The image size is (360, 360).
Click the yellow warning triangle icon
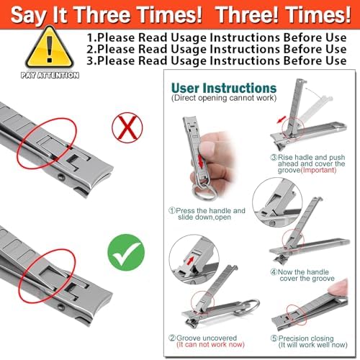click(50, 48)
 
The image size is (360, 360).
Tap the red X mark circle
click(127, 127)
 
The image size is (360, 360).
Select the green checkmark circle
click(126, 253)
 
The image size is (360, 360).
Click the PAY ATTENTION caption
click(50, 75)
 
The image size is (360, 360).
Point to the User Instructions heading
click(224, 88)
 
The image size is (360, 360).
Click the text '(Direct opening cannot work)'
click(224, 98)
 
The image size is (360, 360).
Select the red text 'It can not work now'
click(210, 345)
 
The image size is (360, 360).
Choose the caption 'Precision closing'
click(306, 338)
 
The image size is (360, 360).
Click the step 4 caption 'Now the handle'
click(303, 272)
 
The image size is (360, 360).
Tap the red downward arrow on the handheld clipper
click(201, 161)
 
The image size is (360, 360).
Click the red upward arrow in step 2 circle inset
click(191, 260)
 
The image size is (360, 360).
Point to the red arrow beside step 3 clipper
click(281, 120)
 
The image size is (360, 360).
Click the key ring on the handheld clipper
click(204, 192)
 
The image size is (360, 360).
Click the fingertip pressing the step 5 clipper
click(338, 288)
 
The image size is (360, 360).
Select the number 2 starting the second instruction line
click(91, 49)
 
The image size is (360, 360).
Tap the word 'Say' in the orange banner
click(29, 15)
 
